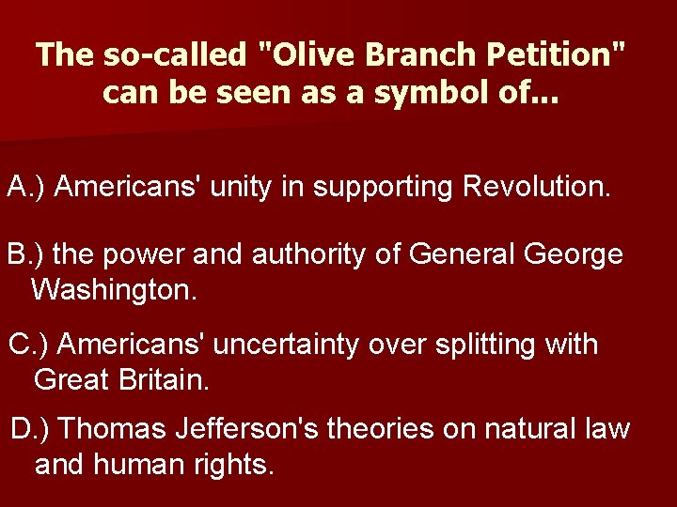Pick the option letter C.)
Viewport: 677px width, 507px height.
tap(29, 345)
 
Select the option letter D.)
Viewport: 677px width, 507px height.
tap(30, 429)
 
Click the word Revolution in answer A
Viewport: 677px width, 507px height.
tap(537, 187)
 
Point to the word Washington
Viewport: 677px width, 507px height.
tap(114, 289)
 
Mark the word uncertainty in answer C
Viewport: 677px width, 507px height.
tap(286, 345)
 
